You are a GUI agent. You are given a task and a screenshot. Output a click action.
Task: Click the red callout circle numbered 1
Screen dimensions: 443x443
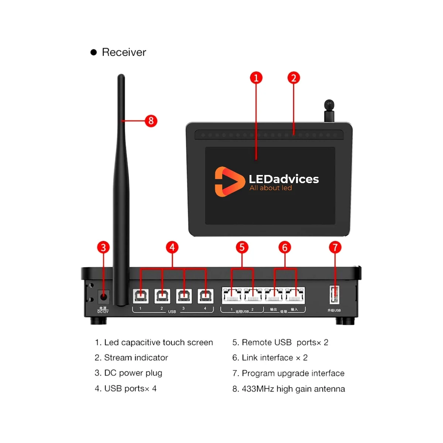pos(256,78)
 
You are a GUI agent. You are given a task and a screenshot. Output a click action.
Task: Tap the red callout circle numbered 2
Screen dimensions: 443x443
pos(293,78)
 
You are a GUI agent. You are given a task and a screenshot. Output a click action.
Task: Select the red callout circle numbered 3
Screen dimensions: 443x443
pos(103,247)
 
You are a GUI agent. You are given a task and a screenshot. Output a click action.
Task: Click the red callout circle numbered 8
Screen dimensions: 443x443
pos(151,121)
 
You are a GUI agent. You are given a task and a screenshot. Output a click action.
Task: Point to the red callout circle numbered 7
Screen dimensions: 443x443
pos(335,247)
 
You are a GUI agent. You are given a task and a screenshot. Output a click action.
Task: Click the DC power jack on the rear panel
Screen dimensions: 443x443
pos(104,296)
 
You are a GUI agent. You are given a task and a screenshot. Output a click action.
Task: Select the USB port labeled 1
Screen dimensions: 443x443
pos(141,296)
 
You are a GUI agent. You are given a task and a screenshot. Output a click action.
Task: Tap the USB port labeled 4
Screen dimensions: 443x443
pos(206,296)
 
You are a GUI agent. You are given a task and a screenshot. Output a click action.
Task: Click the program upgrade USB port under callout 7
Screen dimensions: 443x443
pos(334,294)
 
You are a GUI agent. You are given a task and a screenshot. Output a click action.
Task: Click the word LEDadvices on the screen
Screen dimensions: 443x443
pos(284,179)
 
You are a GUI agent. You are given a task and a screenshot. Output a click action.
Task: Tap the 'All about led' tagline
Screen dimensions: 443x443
pos(271,188)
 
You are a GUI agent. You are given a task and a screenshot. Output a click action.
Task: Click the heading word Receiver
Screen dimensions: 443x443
pos(124,52)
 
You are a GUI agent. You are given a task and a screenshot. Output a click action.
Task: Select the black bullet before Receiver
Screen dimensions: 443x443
pos(94,52)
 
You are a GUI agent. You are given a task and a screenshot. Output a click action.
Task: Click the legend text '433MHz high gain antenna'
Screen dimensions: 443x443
pos(293,389)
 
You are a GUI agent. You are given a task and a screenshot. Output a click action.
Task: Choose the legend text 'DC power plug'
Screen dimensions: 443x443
pos(133,373)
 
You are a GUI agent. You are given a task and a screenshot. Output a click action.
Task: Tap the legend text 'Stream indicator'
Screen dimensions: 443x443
pos(136,357)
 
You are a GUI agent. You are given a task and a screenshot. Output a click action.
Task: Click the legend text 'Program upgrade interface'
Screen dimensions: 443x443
pos(293,373)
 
